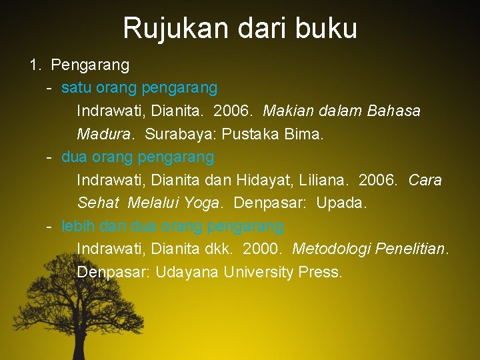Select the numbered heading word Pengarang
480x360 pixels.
pyautogui.click(x=90, y=65)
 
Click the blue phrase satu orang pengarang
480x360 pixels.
pyautogui.click(x=139, y=87)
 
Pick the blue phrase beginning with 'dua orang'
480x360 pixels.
pyautogui.click(x=138, y=157)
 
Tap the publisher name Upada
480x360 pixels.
pyautogui.click(x=341, y=203)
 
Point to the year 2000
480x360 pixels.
pyautogui.click(x=262, y=249)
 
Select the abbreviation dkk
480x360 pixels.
pyautogui.click(x=220, y=249)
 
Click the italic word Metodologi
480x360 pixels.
pyautogui.click(x=331, y=249)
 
